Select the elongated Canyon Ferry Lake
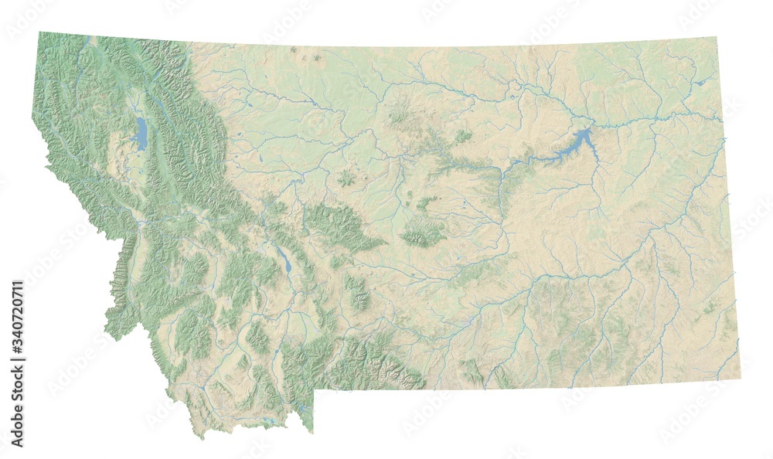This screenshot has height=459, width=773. pos(284,260)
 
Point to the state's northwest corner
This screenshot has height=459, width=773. pos(40,32)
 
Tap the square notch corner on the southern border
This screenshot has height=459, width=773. pos(314,389)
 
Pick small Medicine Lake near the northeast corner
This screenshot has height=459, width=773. pos(700,81)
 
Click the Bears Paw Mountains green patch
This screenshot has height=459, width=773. pos(400,117)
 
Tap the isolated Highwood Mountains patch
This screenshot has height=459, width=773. pos(346,178)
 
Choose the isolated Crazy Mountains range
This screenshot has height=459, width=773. pos(357,292)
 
